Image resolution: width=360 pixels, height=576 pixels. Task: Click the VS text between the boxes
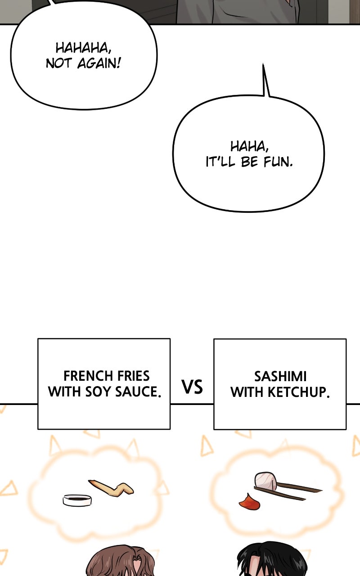pyautogui.click(x=192, y=387)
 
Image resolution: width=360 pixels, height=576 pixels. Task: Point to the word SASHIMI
pyautogui.click(x=280, y=376)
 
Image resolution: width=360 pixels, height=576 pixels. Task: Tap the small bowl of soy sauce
pyautogui.click(x=77, y=499)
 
